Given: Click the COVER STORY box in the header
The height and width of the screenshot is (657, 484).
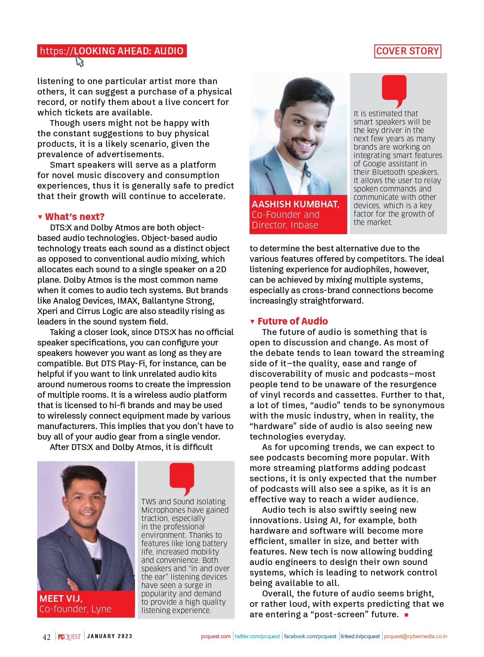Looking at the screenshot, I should [408, 51].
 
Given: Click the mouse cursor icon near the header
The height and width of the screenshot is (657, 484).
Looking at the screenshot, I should [79, 61].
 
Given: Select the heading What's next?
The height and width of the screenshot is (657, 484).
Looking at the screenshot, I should [74, 217].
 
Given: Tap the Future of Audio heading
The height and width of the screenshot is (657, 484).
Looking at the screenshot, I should [293, 321].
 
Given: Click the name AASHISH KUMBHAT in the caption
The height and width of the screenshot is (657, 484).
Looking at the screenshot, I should [295, 204].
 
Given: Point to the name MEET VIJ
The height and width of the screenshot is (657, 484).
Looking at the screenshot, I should [61, 598].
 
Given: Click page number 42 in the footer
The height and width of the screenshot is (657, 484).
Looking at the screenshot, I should [46, 637].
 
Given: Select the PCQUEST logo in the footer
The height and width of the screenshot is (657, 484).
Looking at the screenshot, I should [69, 637].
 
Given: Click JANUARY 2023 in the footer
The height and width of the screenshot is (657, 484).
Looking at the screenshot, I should [110, 636].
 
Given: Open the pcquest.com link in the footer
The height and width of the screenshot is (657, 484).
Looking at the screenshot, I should [216, 637].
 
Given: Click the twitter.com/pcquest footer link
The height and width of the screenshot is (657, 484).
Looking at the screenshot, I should [257, 637].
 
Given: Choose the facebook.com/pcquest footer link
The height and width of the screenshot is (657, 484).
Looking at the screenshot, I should [310, 637].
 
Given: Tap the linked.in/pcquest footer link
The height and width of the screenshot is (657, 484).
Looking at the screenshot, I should [360, 637].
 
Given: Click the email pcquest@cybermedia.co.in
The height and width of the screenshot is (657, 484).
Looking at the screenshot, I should [415, 637].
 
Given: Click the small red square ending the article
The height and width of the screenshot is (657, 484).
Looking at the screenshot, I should [406, 615].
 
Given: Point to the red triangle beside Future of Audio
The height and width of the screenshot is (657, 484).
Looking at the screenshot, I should [252, 322].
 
